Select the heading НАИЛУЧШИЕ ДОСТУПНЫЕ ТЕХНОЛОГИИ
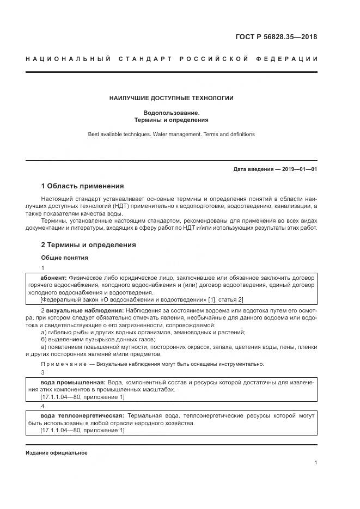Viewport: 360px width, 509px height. pyautogui.click(x=171, y=99)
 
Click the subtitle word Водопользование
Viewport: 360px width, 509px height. pyautogui.click(x=171, y=113)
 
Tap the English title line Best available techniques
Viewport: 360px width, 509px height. pyautogui.click(x=171, y=134)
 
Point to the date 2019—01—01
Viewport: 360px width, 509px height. pyautogui.click(x=297, y=169)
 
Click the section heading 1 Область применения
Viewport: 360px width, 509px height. pyautogui.click(x=82, y=186)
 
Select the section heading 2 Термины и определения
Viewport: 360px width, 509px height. pyautogui.click(x=88, y=245)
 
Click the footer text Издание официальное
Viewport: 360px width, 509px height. pyautogui.click(x=56, y=452)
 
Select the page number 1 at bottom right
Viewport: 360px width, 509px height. pyautogui.click(x=316, y=463)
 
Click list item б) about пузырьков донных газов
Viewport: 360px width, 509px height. pyautogui.click(x=98, y=339)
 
